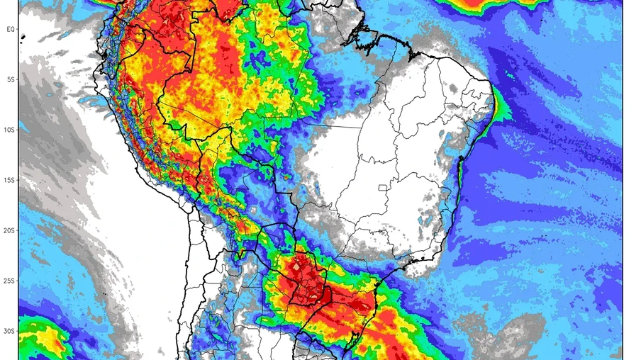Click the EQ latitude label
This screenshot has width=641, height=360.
click(11, 28)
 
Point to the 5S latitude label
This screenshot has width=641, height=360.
click(11, 79)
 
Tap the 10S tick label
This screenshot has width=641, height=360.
click(11, 130)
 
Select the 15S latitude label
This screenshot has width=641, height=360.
click(11, 180)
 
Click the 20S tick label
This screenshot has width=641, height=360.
click(11, 230)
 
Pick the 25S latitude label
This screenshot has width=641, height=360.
click(11, 281)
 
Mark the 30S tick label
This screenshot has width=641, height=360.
click(11, 331)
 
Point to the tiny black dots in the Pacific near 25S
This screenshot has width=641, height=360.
click(105, 292)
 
